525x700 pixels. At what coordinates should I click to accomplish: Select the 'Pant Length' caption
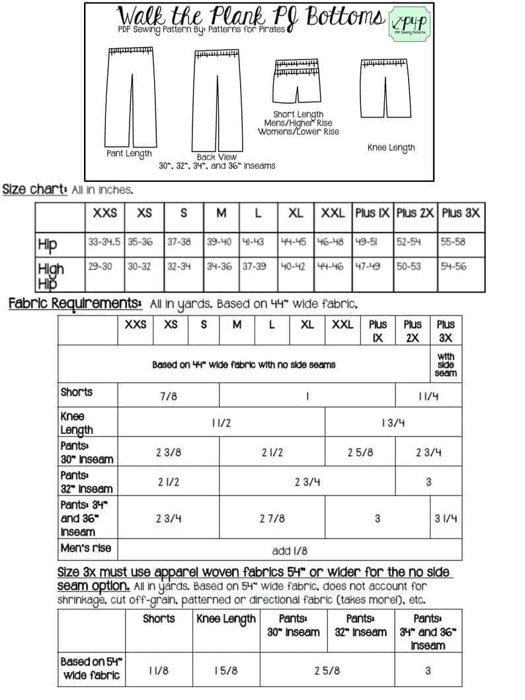click(x=130, y=153)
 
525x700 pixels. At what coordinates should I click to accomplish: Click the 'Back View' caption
click(x=212, y=157)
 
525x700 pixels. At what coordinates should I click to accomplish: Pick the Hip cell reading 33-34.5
click(x=104, y=242)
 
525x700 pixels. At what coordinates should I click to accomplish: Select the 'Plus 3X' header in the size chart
click(x=461, y=214)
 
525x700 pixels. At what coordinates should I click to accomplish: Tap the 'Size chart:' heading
click(x=34, y=189)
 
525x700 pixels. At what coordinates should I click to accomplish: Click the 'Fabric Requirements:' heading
click(x=75, y=304)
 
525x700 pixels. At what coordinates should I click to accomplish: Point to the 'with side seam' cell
click(x=446, y=365)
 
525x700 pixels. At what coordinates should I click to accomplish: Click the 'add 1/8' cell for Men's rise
click(x=290, y=550)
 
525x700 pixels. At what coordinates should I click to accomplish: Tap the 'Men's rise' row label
click(x=86, y=548)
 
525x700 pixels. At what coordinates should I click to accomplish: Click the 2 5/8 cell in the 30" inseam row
click(x=360, y=453)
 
